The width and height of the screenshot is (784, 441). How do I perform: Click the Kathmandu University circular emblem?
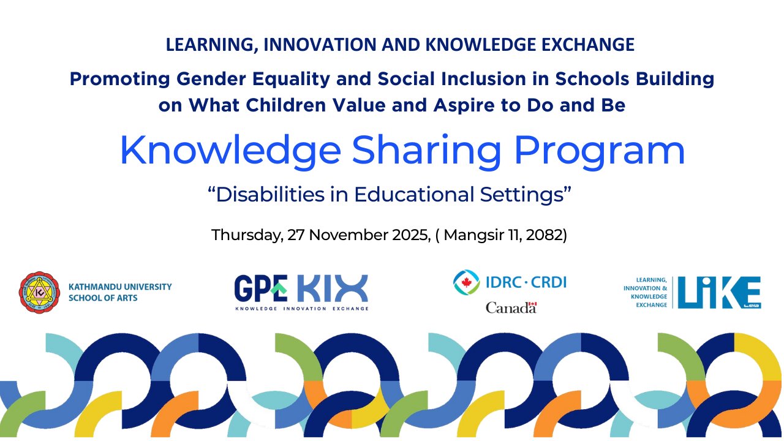(40, 293)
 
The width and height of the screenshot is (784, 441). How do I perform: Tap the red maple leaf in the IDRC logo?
(466, 282)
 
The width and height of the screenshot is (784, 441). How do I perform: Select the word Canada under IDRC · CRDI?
(511, 307)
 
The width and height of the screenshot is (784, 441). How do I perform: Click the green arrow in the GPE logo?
(279, 288)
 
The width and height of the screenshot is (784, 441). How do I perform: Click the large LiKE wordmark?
(719, 292)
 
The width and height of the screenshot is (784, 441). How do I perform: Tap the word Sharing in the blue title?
(426, 151)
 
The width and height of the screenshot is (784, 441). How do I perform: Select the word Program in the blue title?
(600, 151)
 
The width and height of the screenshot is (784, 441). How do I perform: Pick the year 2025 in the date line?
(411, 235)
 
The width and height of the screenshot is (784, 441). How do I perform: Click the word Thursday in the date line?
(247, 235)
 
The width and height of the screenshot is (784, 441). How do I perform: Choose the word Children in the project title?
(286, 105)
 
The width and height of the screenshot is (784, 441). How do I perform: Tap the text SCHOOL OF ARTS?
(103, 298)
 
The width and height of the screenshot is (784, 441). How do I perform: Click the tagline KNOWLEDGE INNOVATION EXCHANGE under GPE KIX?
(302, 309)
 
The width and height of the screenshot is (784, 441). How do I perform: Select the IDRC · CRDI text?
(526, 282)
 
